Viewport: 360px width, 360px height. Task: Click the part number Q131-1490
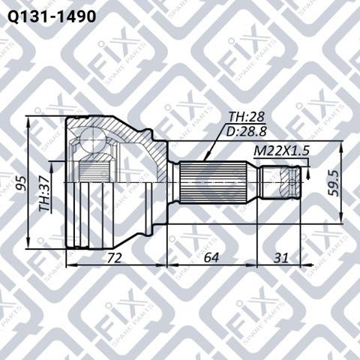pos(52,16)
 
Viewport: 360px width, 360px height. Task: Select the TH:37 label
pos(45,194)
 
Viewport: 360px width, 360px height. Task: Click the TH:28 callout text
pos(247,117)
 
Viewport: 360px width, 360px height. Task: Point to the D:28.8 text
pos(246,131)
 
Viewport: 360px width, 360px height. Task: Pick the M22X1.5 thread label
pos(281,151)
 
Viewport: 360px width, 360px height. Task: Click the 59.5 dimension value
pos(333,183)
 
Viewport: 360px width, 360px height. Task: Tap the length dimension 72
pos(115,258)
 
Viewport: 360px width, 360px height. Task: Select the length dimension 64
pos(211,258)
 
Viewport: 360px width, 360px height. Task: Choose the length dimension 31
pos(280,258)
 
